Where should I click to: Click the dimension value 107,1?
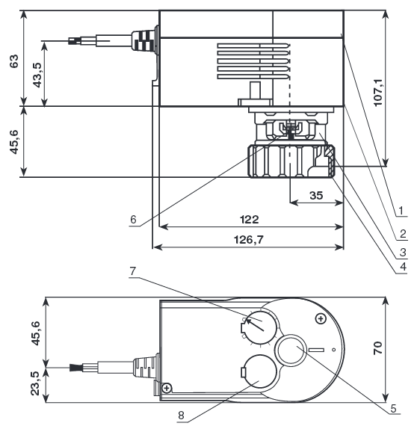pyautogui.click(x=378, y=93)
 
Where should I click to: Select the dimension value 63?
pyautogui.click(x=14, y=61)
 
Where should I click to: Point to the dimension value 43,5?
pyautogui.click(x=37, y=75)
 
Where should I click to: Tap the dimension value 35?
pyautogui.click(x=316, y=195)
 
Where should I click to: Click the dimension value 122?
pyautogui.click(x=250, y=220)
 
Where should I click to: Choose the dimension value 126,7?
pyautogui.click(x=249, y=240)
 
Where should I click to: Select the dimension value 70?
pyautogui.click(x=378, y=348)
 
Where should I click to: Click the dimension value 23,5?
pyautogui.click(x=35, y=383)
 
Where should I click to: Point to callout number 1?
pyautogui.click(x=401, y=211)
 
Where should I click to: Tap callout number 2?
pyautogui.click(x=403, y=234)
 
